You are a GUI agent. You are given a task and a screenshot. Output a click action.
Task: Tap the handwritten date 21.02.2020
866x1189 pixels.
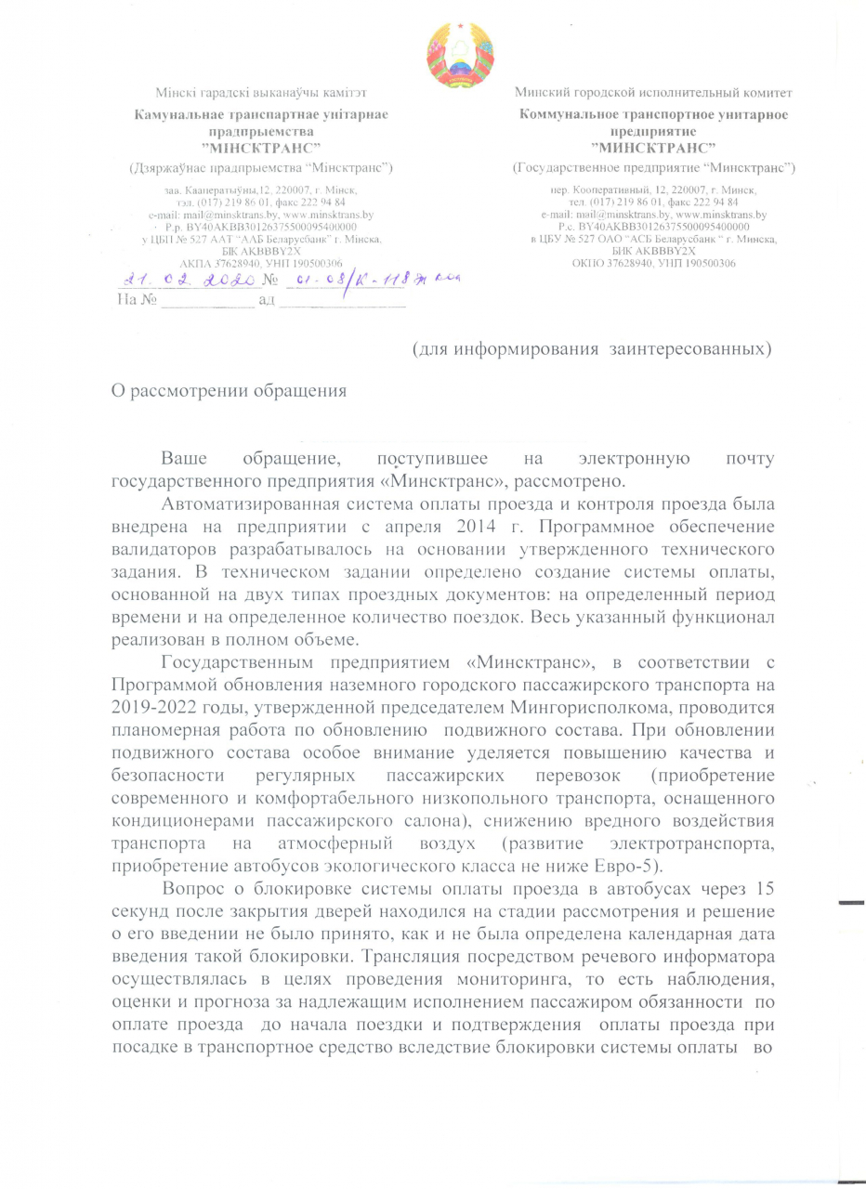tap(189, 280)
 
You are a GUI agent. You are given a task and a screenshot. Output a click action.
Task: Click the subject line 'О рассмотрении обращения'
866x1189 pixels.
tap(229, 389)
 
